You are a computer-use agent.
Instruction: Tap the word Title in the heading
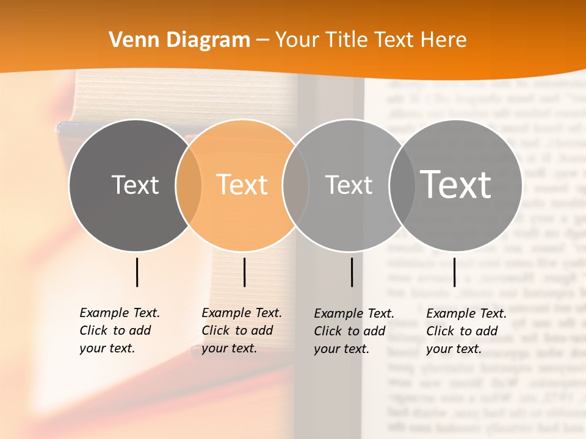[346, 40]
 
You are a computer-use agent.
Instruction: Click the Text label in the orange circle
[242, 185]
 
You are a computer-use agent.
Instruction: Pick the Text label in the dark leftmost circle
[135, 185]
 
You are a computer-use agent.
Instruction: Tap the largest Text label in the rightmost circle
[456, 185]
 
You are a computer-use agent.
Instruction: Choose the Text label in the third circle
[349, 185]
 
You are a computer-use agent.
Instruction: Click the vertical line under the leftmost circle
[137, 272]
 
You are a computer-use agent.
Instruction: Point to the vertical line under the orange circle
[244, 272]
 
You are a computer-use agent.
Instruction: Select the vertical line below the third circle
[352, 272]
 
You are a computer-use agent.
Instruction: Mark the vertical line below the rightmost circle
[454, 272]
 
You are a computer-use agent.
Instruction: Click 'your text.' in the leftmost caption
[107, 348]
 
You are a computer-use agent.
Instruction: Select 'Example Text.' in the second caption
[242, 313]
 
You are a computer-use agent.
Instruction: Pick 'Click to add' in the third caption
[350, 331]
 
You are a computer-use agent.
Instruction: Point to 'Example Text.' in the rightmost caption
[466, 313]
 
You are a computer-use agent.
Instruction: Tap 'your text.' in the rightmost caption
[454, 349]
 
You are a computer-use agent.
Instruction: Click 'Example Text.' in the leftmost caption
[120, 313]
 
